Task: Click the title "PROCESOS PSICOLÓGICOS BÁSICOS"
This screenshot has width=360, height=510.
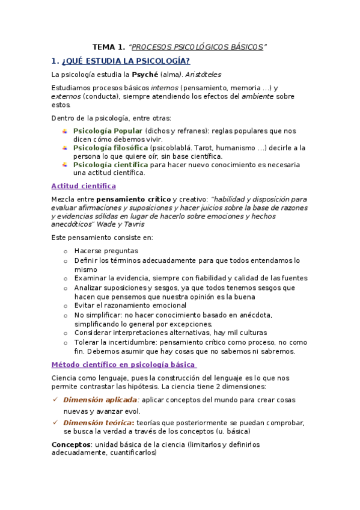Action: (198, 47)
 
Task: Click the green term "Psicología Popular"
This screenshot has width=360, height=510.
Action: (108, 131)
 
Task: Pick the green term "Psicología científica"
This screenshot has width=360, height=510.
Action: (111, 164)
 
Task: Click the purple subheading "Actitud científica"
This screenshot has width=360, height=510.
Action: (84, 186)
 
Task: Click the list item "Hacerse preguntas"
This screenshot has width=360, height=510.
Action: (106, 251)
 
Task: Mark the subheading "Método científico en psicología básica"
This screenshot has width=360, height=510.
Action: (123, 364)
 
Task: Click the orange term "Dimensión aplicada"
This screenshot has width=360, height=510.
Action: (100, 400)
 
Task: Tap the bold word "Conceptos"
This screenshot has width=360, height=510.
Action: (71, 444)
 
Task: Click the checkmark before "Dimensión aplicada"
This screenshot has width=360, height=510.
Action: (55, 399)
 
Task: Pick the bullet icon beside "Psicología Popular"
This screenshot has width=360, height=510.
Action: (65, 131)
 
